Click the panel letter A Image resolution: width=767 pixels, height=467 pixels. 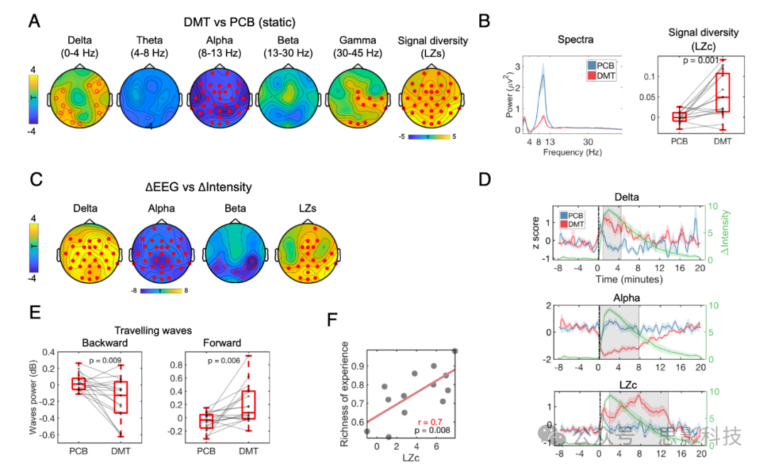click(x=33, y=21)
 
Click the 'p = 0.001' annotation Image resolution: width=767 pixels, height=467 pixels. click(x=680, y=61)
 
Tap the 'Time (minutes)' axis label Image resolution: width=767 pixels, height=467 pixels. click(x=629, y=279)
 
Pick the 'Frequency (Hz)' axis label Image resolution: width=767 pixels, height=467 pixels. click(x=570, y=152)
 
